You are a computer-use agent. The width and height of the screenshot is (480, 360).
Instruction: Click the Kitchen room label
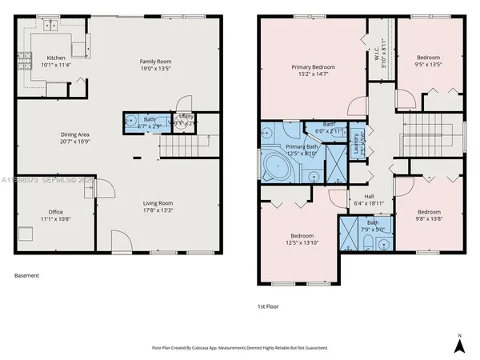coord(55,58)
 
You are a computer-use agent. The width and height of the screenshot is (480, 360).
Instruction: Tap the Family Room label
coord(156,61)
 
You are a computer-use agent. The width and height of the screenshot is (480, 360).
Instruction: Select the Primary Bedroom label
coord(312,67)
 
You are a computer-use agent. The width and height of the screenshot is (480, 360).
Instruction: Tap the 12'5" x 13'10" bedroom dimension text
coord(302,242)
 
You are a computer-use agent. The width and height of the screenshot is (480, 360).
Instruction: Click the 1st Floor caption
coord(269,306)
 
